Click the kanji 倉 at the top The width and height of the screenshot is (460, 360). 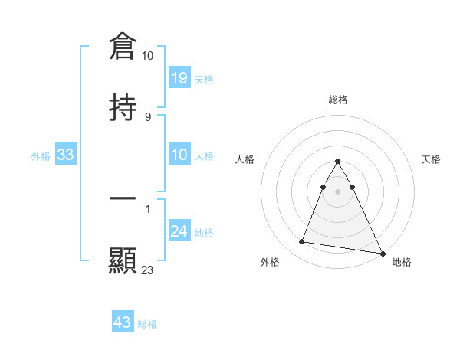coord(123,46)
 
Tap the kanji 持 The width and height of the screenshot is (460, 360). coord(123,107)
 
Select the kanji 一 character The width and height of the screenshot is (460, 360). coord(123,198)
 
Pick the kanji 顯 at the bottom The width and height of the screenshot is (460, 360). coord(123,260)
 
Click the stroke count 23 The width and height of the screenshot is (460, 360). coord(148,270)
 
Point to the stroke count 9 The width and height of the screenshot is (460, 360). coord(147,117)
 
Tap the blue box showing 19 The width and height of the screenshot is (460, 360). coord(179,77)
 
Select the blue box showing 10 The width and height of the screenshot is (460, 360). coord(179,155)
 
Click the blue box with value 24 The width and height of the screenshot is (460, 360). coord(179,231)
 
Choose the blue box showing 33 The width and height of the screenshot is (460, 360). coord(66,155)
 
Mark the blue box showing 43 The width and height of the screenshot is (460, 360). coord(123,322)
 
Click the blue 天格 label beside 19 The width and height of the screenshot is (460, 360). coord(204,79)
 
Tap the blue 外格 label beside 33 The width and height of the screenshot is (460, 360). coord(41,156)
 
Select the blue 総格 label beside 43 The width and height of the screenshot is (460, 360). coord(147,324)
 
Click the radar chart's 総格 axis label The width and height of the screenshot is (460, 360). coord(338,100)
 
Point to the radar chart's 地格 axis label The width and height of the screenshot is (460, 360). coord(402,262)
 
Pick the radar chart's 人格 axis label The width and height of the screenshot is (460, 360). coord(245,159)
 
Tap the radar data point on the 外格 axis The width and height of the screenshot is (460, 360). coord(301,242)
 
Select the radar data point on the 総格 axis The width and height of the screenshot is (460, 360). coord(338,162)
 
